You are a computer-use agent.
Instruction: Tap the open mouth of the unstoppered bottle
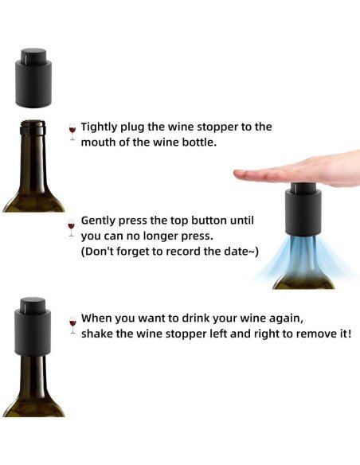coord(33,123)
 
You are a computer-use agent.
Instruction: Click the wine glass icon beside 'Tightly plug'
coord(72,131)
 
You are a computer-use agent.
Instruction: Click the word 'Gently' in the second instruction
coord(101,220)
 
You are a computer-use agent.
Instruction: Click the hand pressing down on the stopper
coord(303,171)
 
